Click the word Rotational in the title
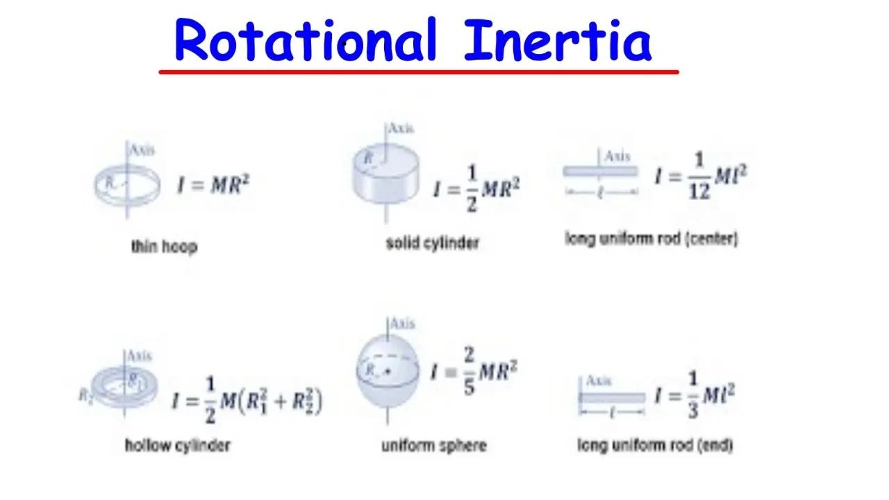pyautogui.click(x=306, y=40)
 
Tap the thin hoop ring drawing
pyautogui.click(x=126, y=185)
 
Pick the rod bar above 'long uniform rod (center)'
pyautogui.click(x=600, y=172)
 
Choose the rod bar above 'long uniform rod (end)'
pyautogui.click(x=612, y=398)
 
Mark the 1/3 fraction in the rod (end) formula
pyautogui.click(x=692, y=396)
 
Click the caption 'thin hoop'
pyautogui.click(x=164, y=246)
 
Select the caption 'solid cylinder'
pyautogui.click(x=433, y=243)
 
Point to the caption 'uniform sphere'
pyautogui.click(x=434, y=445)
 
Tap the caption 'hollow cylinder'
pyautogui.click(x=178, y=444)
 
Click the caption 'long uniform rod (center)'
pyautogui.click(x=651, y=239)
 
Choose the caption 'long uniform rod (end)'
pyautogui.click(x=655, y=444)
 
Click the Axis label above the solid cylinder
pyautogui.click(x=401, y=128)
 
